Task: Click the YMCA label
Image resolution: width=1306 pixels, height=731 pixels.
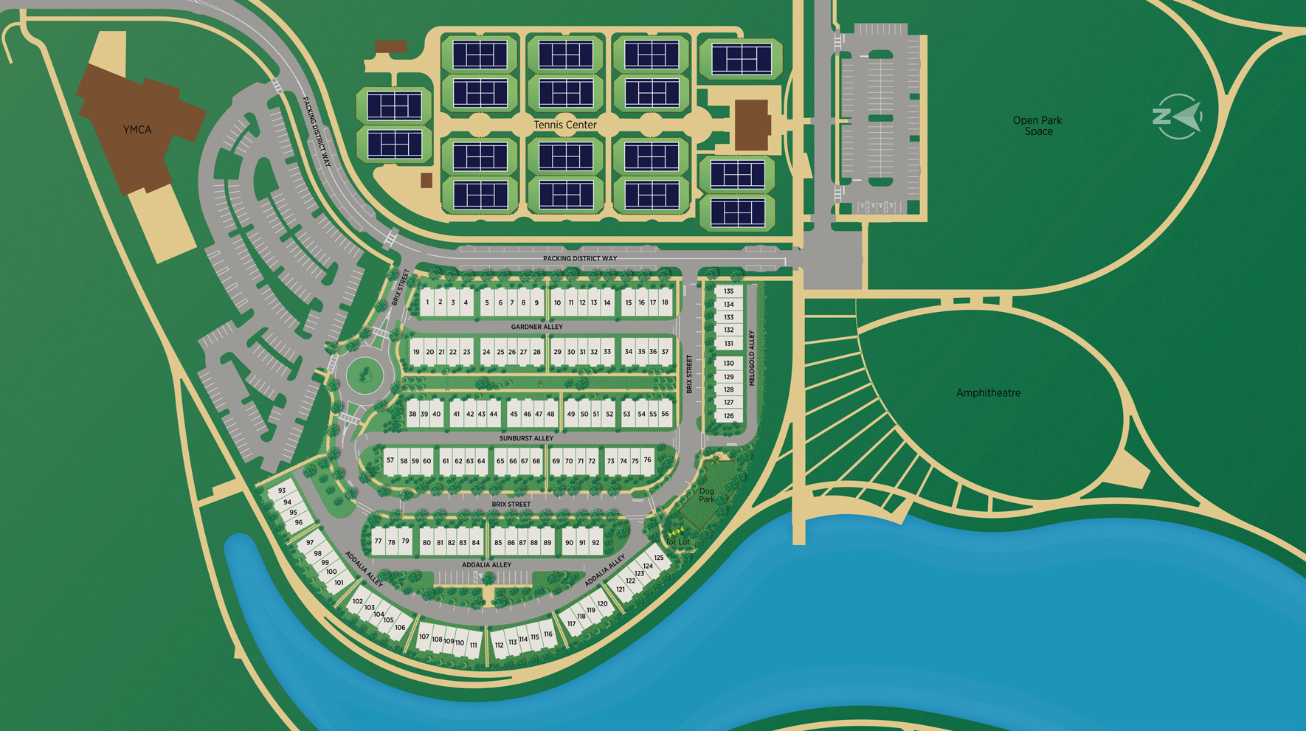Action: [137, 130]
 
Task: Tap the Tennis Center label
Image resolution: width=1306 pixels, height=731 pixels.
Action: [564, 125]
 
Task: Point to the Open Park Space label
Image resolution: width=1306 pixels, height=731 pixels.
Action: [1037, 125]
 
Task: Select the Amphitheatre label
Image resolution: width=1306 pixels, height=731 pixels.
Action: [988, 392]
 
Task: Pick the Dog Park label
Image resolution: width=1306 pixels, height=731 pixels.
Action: [706, 495]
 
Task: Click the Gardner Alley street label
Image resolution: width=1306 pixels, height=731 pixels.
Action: [536, 327]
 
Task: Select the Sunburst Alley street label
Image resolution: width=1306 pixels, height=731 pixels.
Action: [526, 438]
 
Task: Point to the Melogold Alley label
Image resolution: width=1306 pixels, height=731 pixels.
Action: [752, 358]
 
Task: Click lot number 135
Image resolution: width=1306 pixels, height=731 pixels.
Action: [728, 291]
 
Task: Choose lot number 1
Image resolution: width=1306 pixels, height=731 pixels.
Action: [427, 302]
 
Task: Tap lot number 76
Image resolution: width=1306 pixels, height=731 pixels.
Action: [647, 460]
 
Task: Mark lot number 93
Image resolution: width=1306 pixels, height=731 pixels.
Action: [282, 491]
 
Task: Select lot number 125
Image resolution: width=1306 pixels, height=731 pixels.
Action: [659, 558]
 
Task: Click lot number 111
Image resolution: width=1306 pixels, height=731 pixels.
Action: [474, 645]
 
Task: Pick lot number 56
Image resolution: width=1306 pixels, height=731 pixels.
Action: [665, 414]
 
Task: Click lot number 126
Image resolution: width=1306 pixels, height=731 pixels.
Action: [728, 416]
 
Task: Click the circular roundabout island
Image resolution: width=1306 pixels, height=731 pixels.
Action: [364, 375]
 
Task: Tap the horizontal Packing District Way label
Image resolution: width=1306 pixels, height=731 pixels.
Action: [580, 258]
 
